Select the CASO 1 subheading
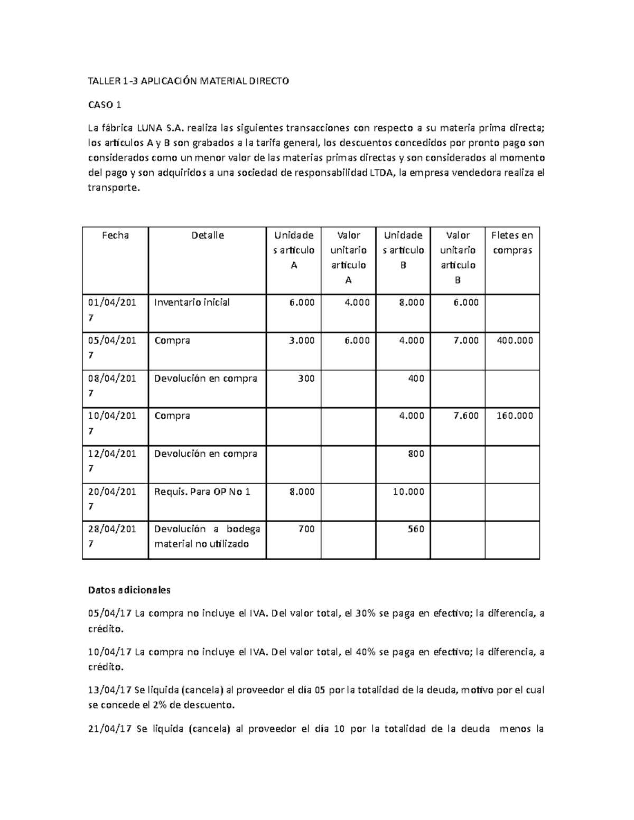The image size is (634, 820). [x=105, y=105]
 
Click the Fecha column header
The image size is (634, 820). [x=115, y=235]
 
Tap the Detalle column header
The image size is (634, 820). [x=207, y=235]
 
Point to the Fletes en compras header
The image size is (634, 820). [x=512, y=243]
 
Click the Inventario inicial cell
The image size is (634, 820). [x=192, y=303]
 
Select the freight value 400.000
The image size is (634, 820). [x=515, y=341]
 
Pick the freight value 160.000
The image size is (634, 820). [x=515, y=416]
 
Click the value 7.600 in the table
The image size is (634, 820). [x=465, y=416]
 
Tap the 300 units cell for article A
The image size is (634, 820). [x=306, y=378]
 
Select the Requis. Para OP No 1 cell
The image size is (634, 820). [x=202, y=492]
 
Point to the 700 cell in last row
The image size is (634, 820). [x=306, y=529]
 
